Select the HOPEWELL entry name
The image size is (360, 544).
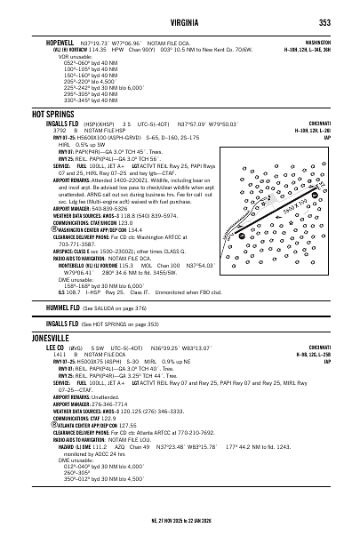[52, 42]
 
